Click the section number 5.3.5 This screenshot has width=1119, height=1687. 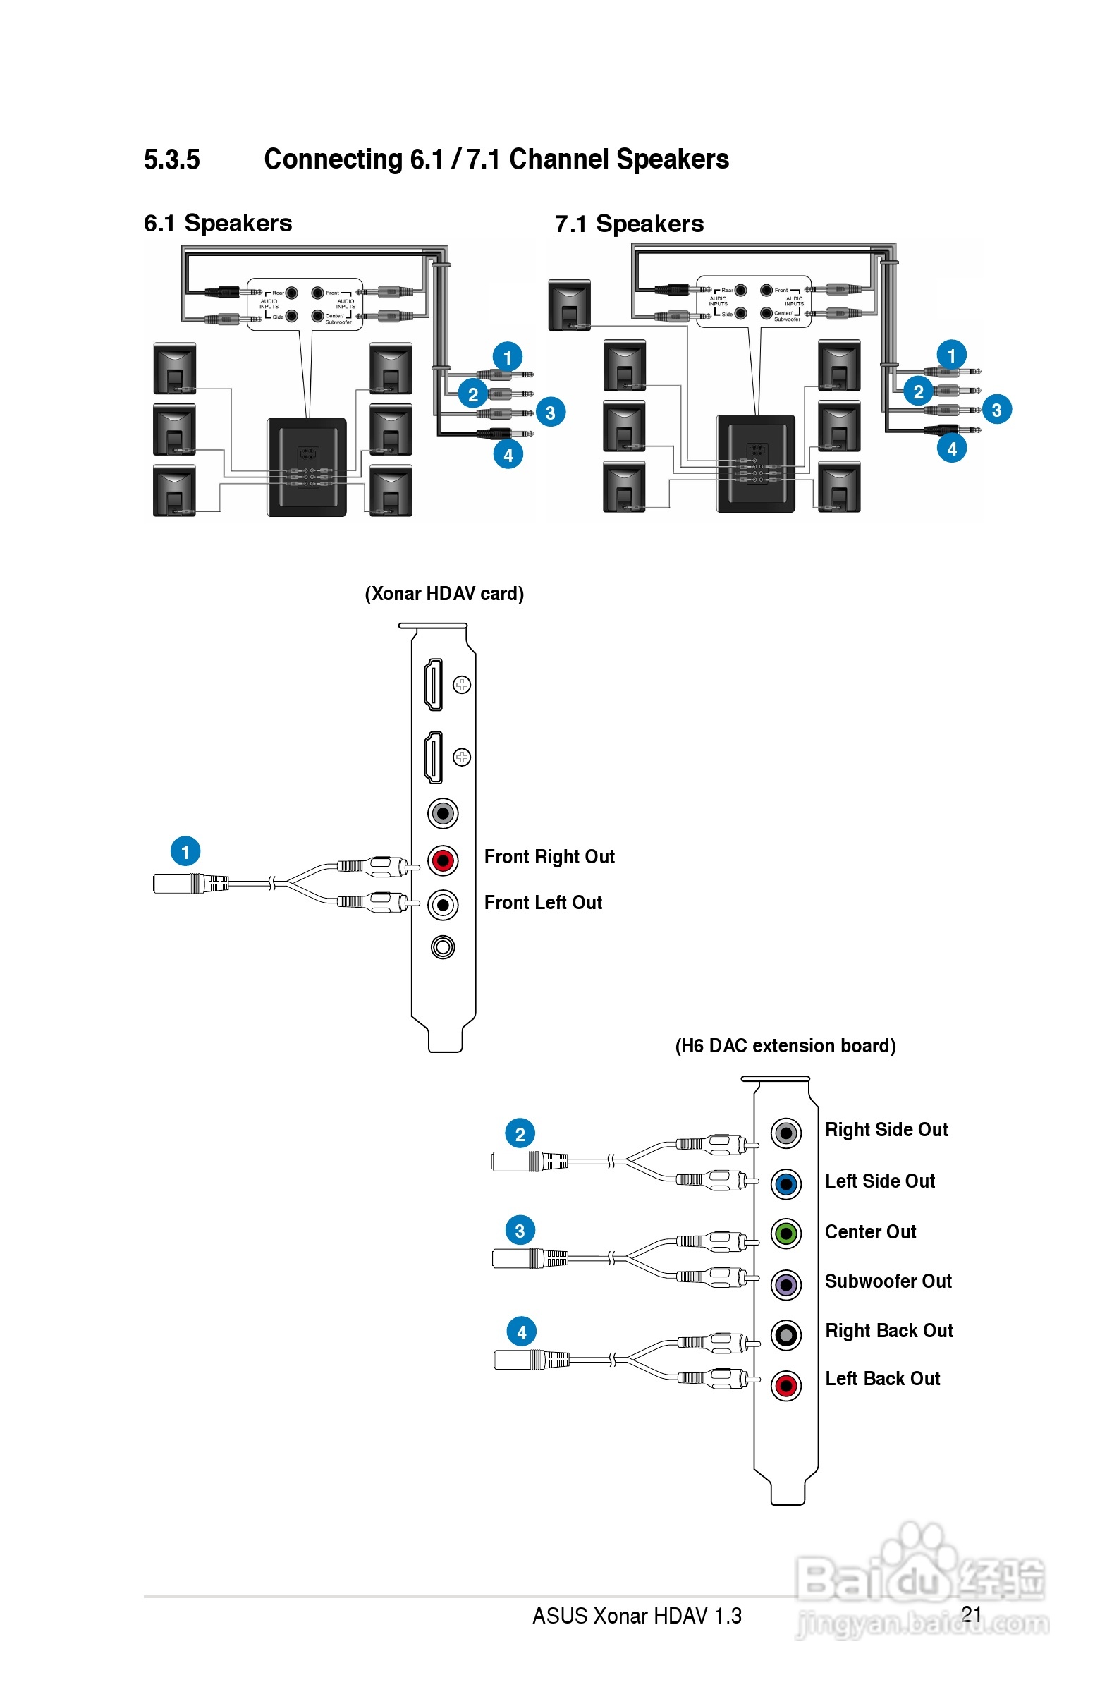coord(171,159)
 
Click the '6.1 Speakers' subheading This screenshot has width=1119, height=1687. coord(218,224)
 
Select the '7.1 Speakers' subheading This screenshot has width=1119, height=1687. coord(629,224)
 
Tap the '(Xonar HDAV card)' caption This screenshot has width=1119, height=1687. coord(444,594)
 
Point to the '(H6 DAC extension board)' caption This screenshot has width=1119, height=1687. coord(785,1045)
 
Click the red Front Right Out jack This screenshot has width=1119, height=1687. coord(443,860)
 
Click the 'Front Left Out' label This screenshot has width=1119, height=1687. coord(542,903)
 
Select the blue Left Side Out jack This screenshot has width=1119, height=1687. coord(785,1184)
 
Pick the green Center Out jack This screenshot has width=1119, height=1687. coord(785,1233)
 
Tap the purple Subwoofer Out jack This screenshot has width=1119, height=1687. coord(785,1284)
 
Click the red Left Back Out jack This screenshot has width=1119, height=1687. coord(785,1386)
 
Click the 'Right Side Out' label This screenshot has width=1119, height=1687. coord(886,1130)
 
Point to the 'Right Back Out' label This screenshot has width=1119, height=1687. coord(888,1331)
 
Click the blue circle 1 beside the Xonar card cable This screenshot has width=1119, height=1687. coord(185,851)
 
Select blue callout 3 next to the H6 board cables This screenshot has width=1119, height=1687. coord(520,1230)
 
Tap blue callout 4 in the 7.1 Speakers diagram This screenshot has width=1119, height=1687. coord(951,449)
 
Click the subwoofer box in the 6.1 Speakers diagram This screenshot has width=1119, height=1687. coord(307,468)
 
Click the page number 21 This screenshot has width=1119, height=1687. coord(971,1614)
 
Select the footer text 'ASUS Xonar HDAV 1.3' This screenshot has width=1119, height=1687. coord(637,1616)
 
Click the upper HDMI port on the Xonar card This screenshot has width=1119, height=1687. coord(433,684)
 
